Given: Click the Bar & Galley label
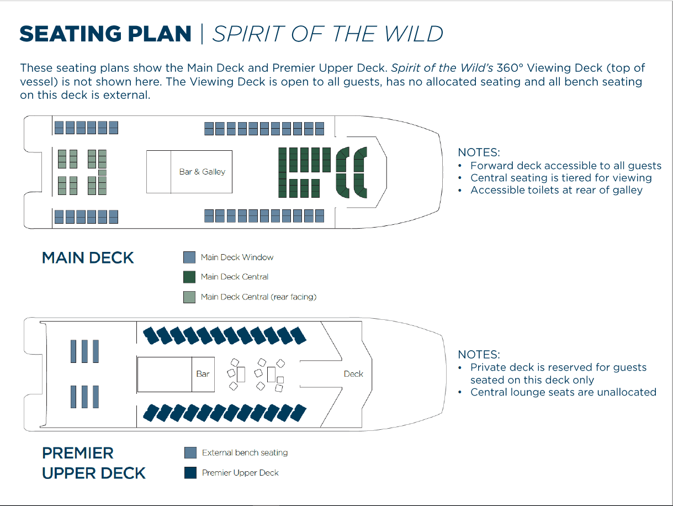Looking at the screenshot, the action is (x=202, y=172).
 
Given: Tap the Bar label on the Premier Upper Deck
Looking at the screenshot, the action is (x=203, y=374).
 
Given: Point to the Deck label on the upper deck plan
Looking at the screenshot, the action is (x=353, y=374).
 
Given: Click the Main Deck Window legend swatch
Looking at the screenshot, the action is (x=189, y=257).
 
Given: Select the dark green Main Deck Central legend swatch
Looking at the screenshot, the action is (x=189, y=277).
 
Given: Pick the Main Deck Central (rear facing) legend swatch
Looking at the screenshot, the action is (x=189, y=297).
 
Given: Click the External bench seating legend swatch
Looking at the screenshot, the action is (x=190, y=452).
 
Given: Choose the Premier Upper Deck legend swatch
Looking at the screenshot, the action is (x=190, y=472).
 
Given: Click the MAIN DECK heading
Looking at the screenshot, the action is (x=88, y=257).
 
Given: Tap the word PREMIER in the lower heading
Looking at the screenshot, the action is (x=78, y=453).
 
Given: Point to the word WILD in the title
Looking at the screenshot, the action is (x=414, y=34).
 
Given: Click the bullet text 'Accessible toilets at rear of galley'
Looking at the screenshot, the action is (x=557, y=190).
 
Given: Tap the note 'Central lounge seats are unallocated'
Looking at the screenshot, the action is (x=563, y=392).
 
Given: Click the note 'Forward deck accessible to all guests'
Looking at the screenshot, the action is (x=566, y=166).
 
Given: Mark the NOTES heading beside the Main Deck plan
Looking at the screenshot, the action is (x=479, y=152).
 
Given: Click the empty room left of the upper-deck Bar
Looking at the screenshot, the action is (x=165, y=375).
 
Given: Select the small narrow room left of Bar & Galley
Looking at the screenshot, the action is (x=158, y=172).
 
